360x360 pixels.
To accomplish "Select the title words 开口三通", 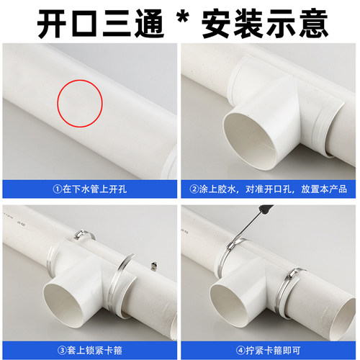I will coord(94,21).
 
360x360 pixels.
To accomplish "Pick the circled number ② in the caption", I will coord(193,189).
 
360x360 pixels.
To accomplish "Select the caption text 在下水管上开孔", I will coord(93,189).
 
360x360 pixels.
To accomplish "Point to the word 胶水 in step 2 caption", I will coord(224,189).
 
